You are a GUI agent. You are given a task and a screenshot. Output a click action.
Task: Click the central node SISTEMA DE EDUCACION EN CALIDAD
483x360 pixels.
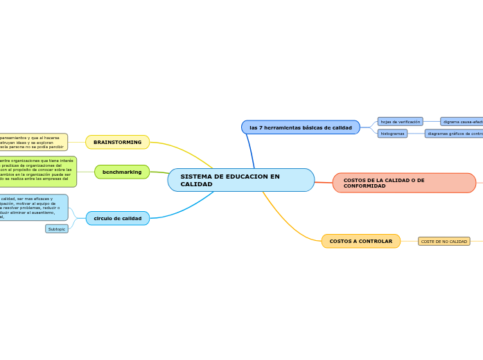click(x=240, y=180)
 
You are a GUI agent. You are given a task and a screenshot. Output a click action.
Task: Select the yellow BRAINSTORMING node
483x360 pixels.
click(x=117, y=142)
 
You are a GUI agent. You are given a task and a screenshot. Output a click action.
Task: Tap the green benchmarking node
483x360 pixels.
click(x=122, y=172)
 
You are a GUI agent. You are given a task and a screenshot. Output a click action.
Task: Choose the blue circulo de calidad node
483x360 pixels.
click(x=117, y=218)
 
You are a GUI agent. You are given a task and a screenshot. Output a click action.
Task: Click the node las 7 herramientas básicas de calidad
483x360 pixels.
click(x=301, y=127)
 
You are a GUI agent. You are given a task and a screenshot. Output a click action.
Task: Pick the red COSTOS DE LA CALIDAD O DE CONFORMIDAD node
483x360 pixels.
click(x=403, y=183)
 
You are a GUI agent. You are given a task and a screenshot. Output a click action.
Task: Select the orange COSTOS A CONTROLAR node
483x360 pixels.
click(x=360, y=241)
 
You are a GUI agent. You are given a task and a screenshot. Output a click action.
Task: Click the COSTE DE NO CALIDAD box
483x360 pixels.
click(x=444, y=242)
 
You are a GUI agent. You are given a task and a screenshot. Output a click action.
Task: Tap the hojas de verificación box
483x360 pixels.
click(x=400, y=121)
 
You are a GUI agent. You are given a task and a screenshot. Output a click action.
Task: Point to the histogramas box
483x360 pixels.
click(x=392, y=134)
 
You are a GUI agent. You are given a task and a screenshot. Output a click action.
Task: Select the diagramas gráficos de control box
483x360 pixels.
click(x=455, y=134)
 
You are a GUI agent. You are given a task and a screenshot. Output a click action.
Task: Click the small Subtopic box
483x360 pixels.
click(x=57, y=228)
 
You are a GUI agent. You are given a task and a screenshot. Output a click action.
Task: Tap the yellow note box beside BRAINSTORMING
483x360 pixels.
click(x=33, y=142)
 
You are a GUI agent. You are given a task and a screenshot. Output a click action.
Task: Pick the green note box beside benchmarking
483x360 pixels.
click(x=37, y=171)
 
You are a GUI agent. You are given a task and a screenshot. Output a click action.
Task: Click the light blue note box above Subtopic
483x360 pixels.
click(x=34, y=208)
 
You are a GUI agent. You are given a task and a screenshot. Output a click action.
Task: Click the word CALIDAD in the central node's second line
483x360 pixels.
click(x=196, y=184)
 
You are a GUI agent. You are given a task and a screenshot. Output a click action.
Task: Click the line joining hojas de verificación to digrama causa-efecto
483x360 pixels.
click(x=431, y=121)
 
